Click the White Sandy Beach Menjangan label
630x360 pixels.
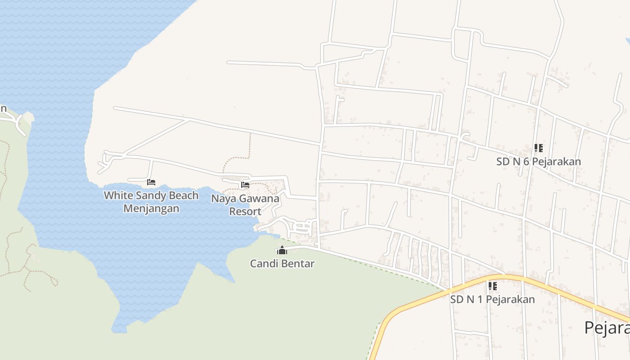(151, 202)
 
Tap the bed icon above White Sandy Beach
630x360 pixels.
(151, 182)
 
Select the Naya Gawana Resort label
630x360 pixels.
(245, 205)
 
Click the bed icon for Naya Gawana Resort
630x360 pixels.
(245, 184)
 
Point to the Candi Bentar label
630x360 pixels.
(282, 263)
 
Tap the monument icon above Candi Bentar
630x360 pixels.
(282, 250)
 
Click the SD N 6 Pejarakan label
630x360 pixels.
(538, 162)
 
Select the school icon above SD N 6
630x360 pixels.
(538, 148)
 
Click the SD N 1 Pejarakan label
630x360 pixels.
(492, 299)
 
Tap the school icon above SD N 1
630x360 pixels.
(493, 286)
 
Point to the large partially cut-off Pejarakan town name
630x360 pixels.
(607, 328)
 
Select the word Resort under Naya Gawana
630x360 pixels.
(245, 211)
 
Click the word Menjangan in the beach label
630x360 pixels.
(151, 209)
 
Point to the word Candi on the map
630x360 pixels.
(264, 263)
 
